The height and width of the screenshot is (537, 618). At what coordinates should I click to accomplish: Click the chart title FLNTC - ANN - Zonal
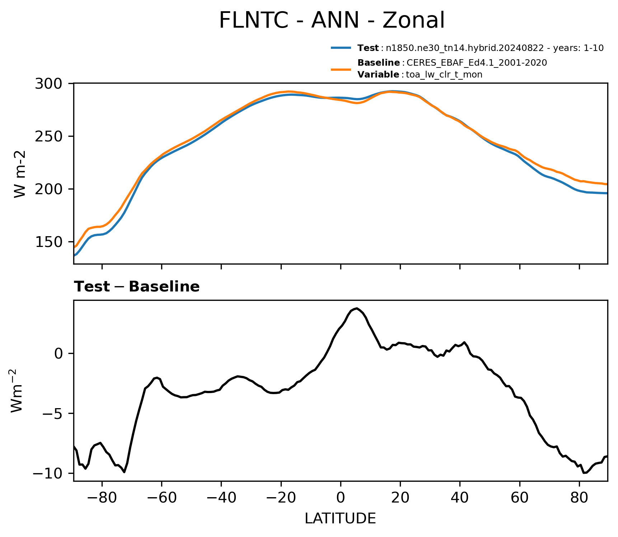(332, 20)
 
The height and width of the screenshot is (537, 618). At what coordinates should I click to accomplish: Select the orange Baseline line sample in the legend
(341, 69)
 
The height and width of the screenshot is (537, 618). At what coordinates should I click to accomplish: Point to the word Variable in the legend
(378, 75)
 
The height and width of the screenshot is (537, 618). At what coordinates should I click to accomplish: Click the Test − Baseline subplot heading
(137, 287)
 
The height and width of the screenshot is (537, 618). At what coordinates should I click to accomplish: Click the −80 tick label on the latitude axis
(102, 498)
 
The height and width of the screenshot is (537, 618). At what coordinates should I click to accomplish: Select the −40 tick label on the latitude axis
(221, 498)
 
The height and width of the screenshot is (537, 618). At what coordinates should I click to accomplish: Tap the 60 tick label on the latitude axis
(519, 498)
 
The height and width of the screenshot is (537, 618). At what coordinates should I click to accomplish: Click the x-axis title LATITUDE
(340, 518)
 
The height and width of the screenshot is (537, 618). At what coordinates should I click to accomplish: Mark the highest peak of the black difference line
(356, 308)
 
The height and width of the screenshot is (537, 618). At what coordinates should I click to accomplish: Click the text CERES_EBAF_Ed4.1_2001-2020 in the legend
(477, 63)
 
